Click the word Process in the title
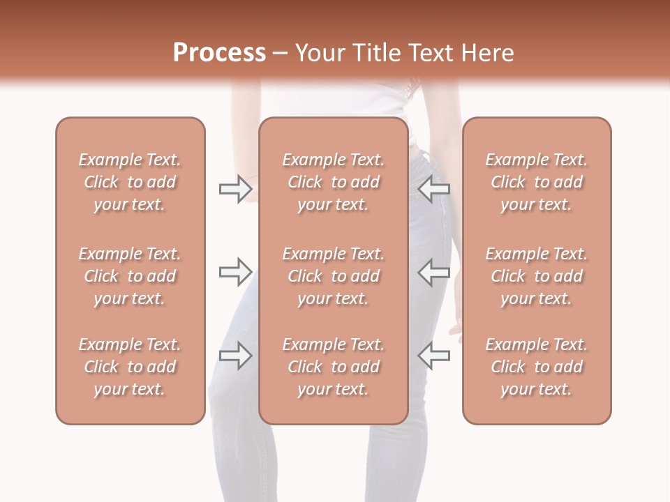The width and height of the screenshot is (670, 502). (219, 53)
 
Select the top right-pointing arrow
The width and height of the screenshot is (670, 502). (235, 188)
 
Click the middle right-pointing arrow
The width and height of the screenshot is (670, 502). (235, 272)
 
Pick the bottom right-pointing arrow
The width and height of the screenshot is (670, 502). (235, 356)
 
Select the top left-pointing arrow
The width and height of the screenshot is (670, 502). (434, 188)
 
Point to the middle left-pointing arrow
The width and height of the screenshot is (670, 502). (434, 272)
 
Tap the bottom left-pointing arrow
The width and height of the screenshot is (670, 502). (434, 356)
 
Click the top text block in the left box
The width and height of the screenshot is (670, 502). (130, 182)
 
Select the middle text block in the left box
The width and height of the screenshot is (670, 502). (130, 276)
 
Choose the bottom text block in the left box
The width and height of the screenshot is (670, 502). (130, 367)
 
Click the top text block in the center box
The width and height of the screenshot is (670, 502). (334, 182)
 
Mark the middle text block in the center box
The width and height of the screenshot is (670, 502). (334, 276)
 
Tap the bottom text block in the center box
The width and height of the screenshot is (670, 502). (334, 367)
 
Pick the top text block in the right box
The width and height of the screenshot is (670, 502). (537, 182)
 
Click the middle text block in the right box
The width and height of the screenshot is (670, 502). (537, 276)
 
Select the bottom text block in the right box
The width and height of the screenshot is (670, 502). (537, 367)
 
